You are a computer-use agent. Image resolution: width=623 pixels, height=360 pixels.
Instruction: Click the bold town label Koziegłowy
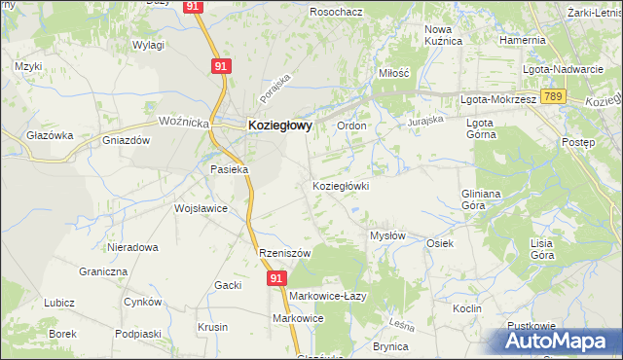tap(279, 125)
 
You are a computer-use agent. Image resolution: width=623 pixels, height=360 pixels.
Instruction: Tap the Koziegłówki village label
tap(340, 186)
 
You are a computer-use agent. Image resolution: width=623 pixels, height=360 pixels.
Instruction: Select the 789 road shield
tap(554, 97)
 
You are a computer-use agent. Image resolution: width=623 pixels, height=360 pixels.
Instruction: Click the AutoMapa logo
tap(554, 341)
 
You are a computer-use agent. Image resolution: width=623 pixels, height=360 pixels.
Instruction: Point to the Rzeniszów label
tap(284, 253)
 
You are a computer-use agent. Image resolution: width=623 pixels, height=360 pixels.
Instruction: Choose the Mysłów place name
tap(388, 235)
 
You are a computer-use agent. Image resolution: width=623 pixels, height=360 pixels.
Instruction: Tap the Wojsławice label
tap(201, 208)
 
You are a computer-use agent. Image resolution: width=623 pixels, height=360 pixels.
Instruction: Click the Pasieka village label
tap(231, 169)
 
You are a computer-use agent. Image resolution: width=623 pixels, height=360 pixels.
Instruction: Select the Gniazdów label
tap(126, 140)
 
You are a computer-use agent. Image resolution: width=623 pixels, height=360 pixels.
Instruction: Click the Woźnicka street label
tap(184, 121)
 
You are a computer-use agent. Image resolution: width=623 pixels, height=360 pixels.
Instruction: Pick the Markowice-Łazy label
tap(327, 295)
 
